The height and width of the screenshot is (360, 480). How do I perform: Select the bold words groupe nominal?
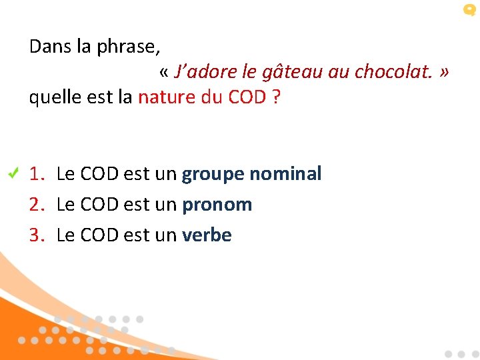[251, 175]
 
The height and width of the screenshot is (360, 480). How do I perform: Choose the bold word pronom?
[217, 205]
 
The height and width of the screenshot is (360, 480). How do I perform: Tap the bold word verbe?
[207, 235]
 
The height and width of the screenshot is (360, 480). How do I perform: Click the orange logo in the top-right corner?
[469, 10]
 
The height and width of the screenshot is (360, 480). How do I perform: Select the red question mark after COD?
[275, 97]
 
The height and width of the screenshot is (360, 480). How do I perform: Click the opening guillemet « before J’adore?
[165, 73]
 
